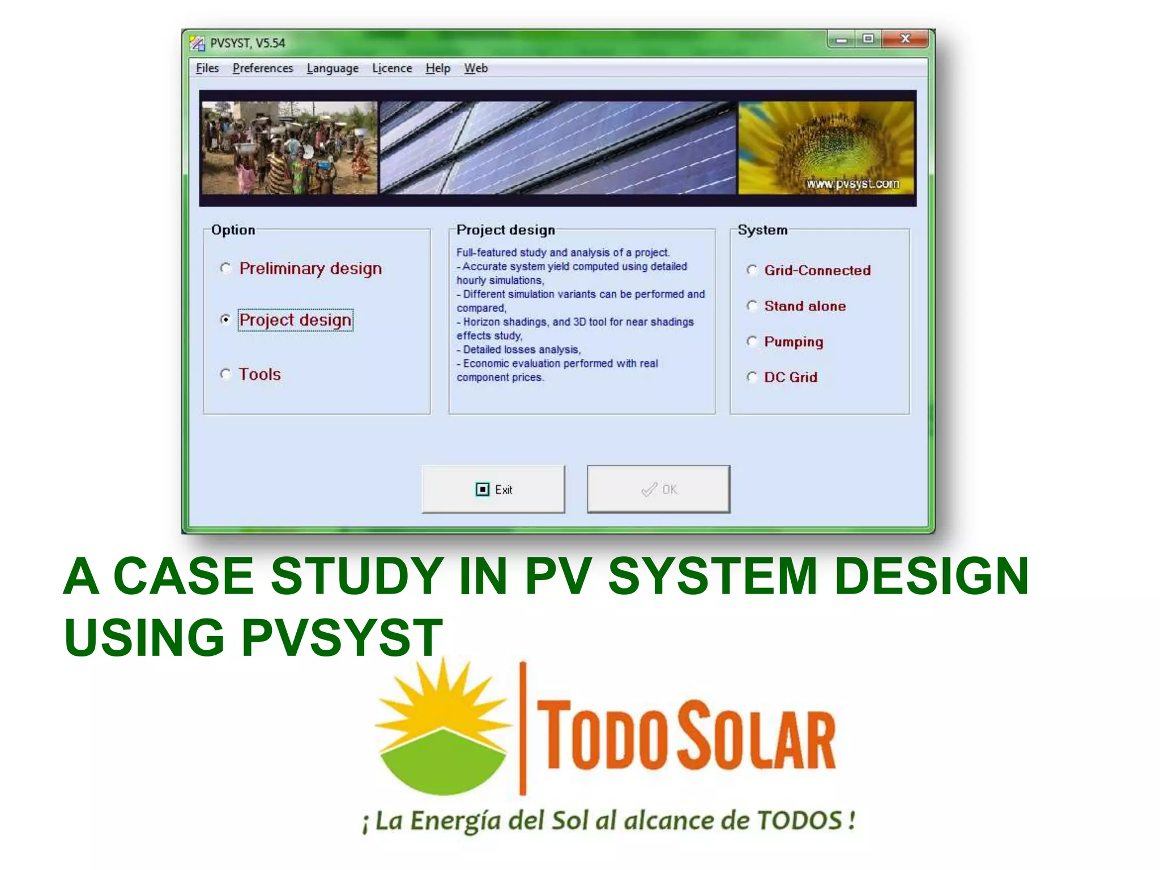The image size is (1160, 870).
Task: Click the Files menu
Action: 207,68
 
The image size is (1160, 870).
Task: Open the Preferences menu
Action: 263,68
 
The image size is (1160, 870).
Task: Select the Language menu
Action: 332,68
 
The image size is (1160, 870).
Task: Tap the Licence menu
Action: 392,68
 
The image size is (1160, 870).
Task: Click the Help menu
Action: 438,68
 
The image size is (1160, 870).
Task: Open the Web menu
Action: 476,68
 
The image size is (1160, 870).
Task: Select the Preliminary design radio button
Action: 226,268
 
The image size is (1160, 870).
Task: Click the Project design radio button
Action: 226,319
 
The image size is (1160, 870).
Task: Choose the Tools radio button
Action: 226,374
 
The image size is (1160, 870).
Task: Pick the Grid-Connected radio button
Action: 752,270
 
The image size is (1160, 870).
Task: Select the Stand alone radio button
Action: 752,306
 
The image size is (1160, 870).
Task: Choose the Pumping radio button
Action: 752,342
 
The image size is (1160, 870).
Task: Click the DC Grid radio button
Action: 752,377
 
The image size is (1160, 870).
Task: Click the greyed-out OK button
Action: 658,489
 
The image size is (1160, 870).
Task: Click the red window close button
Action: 905,39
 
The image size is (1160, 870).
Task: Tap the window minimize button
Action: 841,39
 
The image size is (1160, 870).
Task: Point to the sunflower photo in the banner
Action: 826,147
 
